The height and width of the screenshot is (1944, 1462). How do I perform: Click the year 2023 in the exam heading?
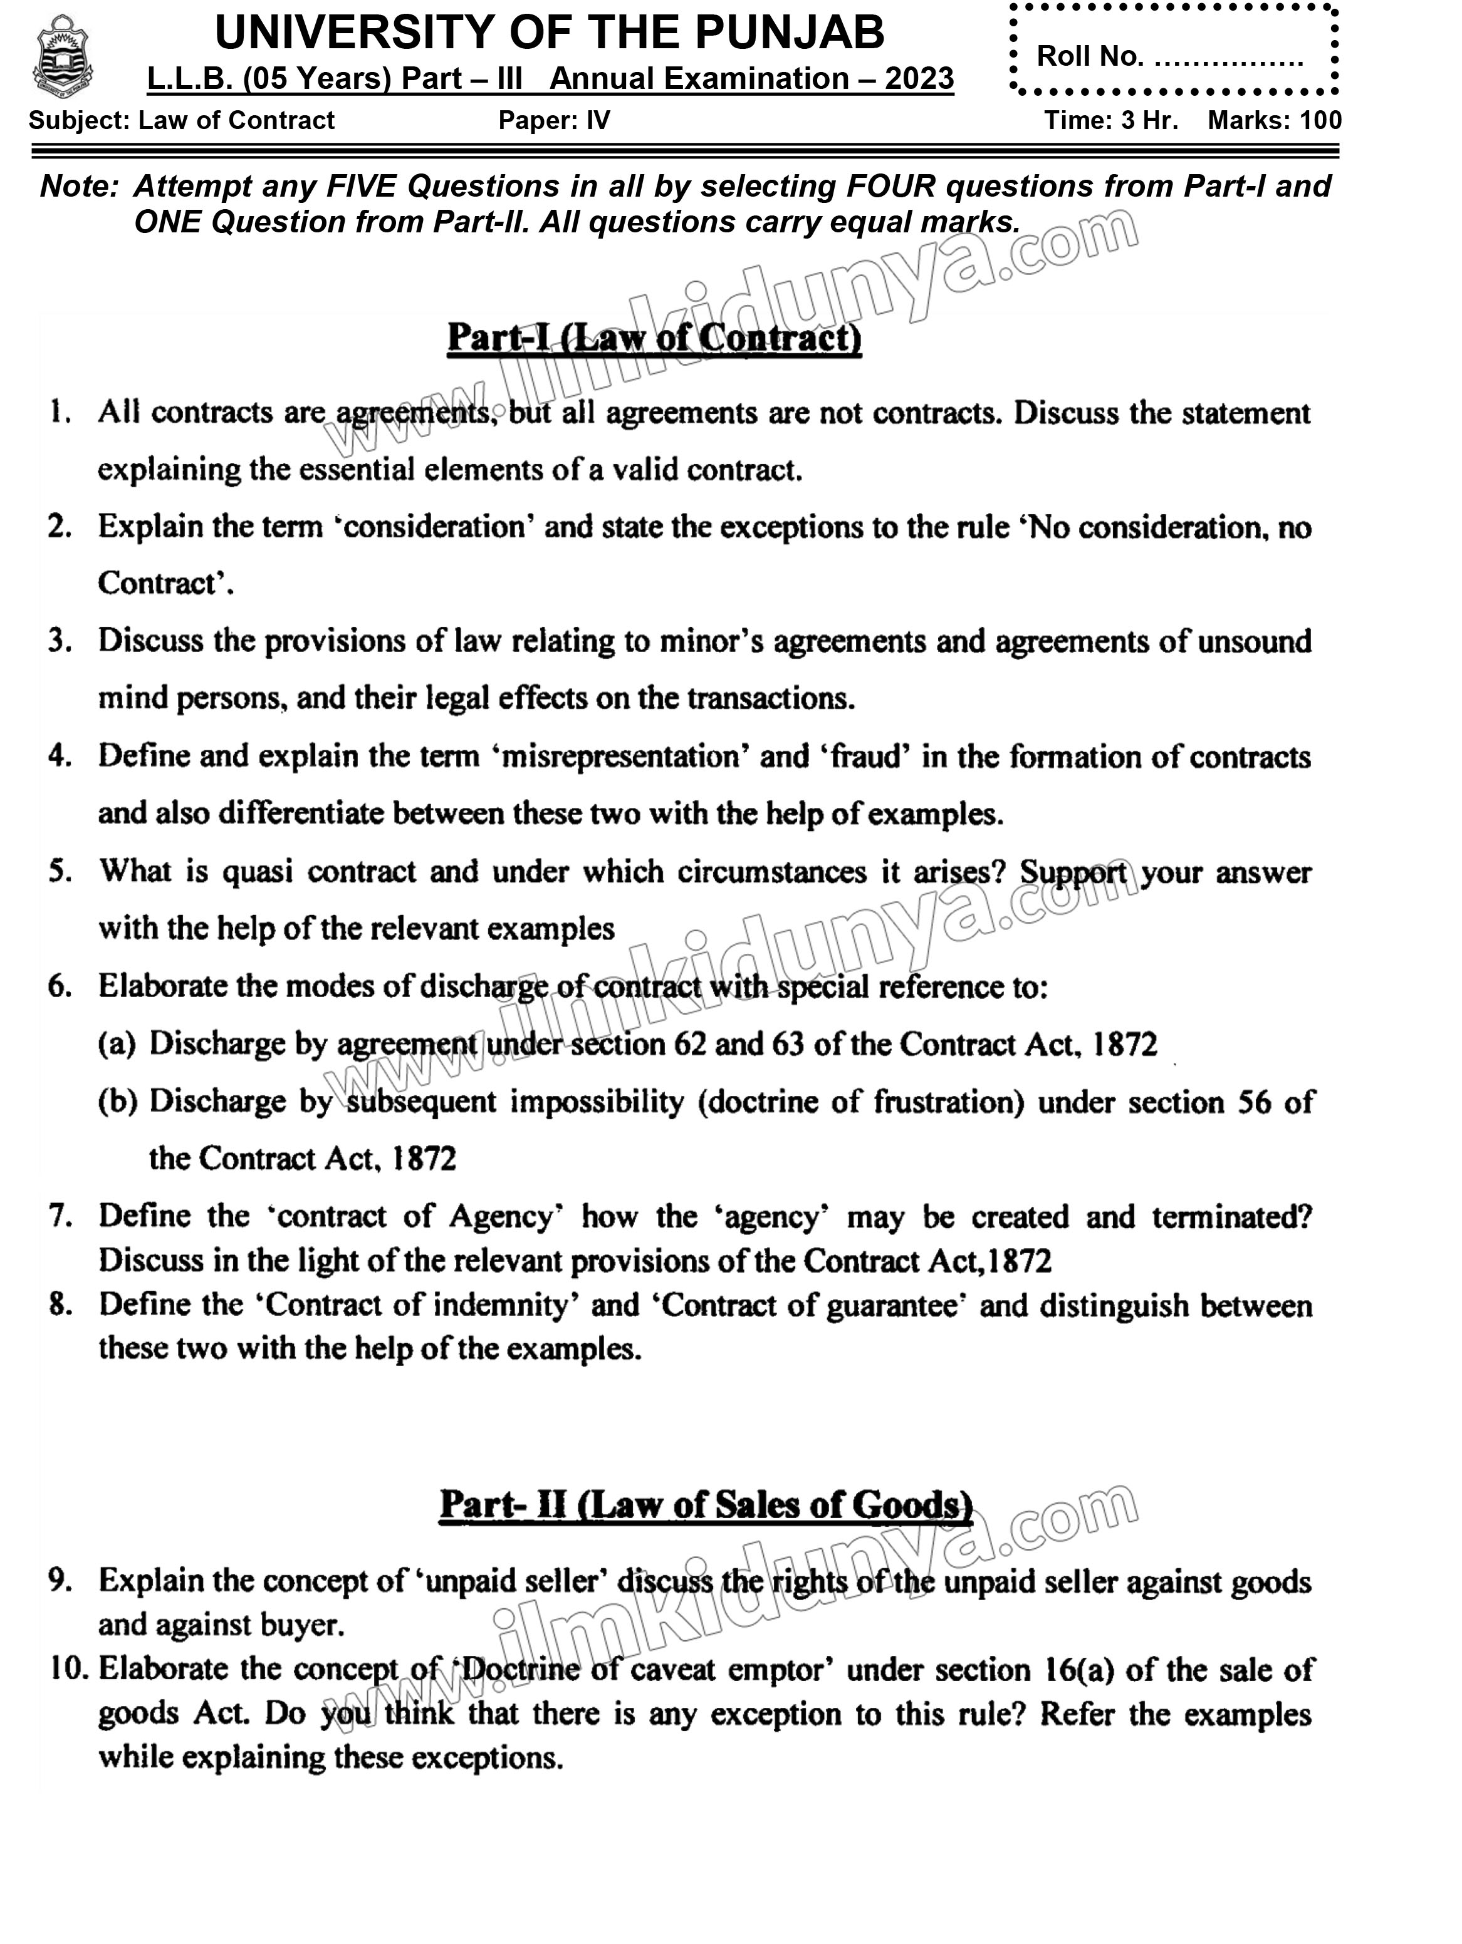(x=919, y=79)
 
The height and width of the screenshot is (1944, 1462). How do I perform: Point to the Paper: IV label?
(x=554, y=120)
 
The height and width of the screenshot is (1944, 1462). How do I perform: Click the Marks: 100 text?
(x=1274, y=120)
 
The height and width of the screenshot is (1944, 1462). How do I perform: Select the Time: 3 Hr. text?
(x=1110, y=120)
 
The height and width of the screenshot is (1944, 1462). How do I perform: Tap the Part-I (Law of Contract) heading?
(x=654, y=338)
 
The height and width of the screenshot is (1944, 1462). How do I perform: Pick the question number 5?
(x=60, y=871)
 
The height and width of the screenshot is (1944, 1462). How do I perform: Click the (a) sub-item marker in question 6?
(x=117, y=1043)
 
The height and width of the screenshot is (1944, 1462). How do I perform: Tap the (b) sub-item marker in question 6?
(x=118, y=1101)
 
